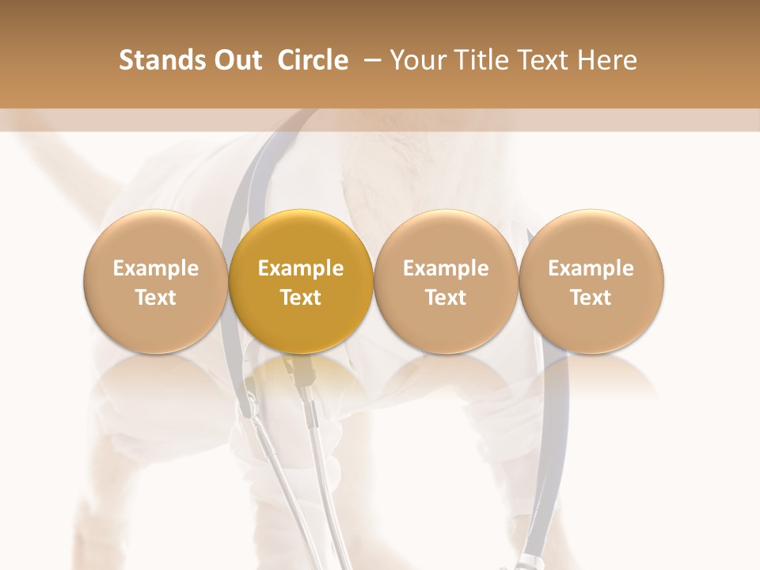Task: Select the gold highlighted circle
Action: [301, 281]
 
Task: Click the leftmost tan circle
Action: [156, 281]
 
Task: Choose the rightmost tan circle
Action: [591, 281]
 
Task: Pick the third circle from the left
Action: [446, 281]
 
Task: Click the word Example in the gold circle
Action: [301, 268]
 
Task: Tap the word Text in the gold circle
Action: [301, 298]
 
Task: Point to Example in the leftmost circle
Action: [156, 268]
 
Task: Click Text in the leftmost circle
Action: [156, 298]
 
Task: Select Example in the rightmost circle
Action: [591, 268]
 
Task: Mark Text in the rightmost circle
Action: [591, 298]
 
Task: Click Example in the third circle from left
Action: [446, 268]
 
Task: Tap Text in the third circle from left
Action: [446, 298]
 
